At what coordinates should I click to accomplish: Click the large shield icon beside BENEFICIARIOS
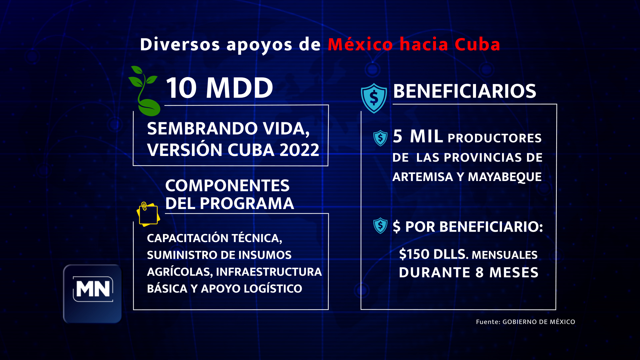374,98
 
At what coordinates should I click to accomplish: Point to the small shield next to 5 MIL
380,138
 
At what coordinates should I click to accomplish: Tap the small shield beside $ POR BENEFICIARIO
380,226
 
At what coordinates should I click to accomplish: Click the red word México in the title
360,44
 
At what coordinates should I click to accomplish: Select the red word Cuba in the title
477,44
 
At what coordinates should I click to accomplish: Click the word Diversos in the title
180,44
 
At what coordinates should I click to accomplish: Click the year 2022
299,150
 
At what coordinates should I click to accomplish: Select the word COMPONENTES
227,186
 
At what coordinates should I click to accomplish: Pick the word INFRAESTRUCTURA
269,272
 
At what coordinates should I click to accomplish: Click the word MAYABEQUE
505,177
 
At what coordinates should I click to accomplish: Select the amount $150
414,254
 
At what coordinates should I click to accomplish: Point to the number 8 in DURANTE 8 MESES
479,273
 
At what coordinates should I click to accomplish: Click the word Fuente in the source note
487,322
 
